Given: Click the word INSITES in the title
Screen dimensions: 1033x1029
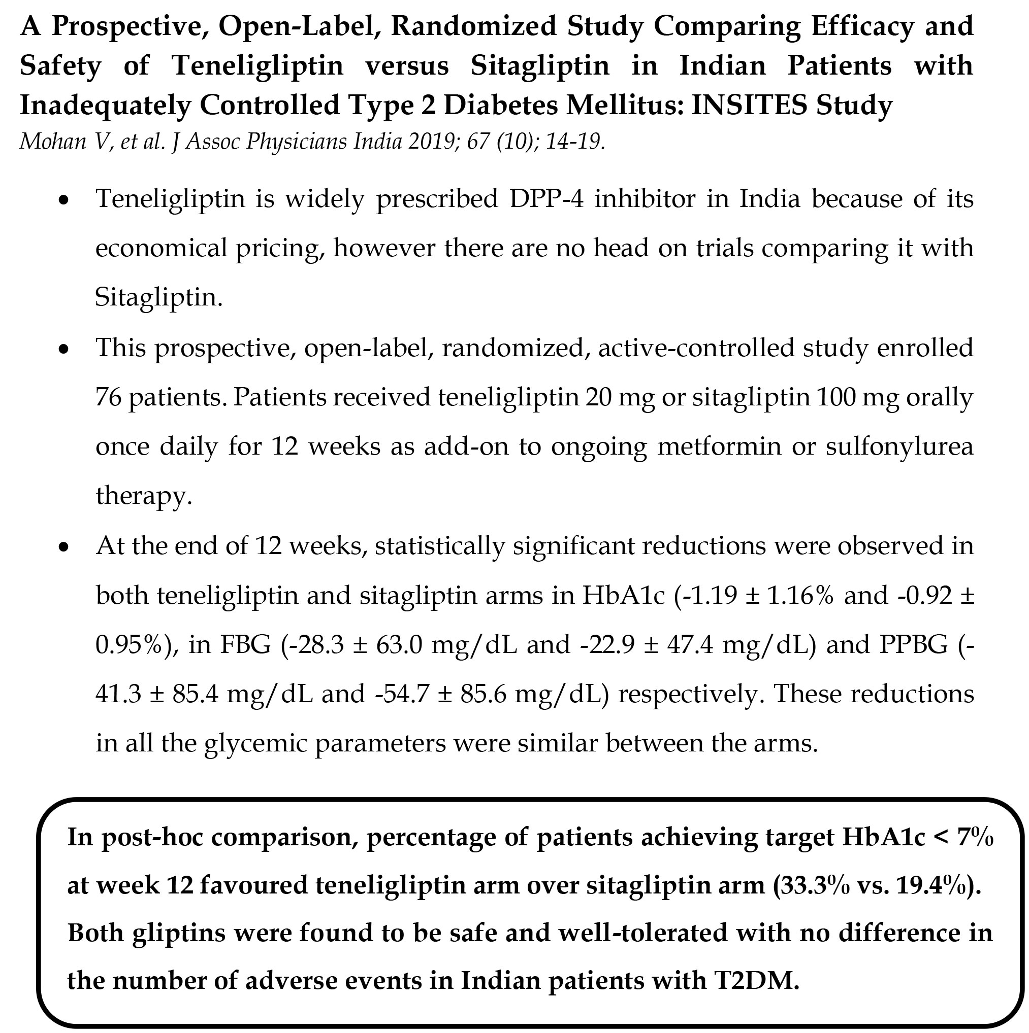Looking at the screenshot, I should (749, 105).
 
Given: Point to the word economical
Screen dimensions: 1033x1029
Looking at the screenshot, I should (161, 249).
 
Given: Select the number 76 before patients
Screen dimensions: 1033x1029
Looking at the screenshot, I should (108, 397).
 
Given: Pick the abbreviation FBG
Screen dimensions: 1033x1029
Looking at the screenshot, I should (246, 645).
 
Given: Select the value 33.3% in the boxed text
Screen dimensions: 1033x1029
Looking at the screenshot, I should (817, 885).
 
